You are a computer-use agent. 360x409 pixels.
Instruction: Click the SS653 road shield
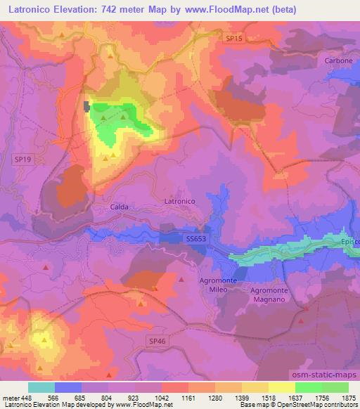tap(196, 240)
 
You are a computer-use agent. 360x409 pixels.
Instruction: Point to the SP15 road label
tap(234, 39)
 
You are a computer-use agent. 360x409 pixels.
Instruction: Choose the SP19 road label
tap(22, 160)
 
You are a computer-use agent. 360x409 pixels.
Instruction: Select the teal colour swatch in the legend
tap(41, 387)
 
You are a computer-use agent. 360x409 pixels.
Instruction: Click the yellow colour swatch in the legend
tap(282, 387)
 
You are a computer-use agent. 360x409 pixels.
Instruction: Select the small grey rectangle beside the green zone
tap(87, 107)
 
